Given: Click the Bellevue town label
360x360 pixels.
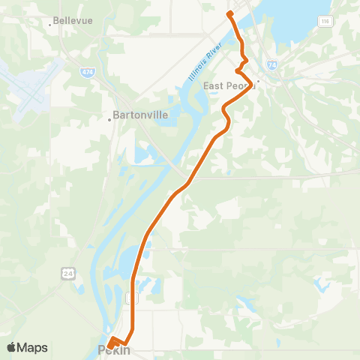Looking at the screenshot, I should [73, 20].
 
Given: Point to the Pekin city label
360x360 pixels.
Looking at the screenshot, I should [115, 350].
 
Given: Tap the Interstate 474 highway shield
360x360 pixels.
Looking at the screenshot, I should [88, 71].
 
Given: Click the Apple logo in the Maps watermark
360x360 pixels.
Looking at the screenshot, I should [12, 346].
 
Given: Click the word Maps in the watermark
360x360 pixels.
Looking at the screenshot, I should [32, 347].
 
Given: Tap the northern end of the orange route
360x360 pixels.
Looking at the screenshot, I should [229, 13].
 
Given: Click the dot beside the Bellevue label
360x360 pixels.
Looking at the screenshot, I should [50, 25].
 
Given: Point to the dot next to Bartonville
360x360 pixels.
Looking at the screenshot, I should [109, 118].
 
